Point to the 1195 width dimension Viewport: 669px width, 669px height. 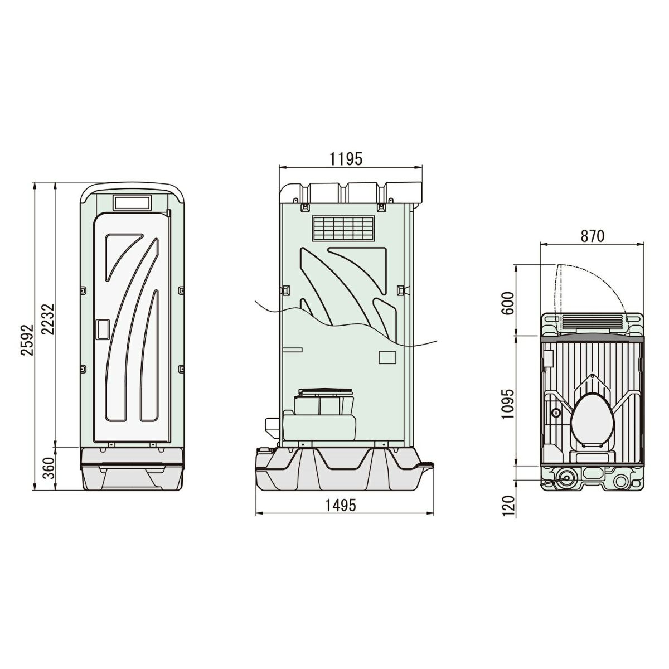(x=346, y=159)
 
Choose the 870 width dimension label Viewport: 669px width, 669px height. (x=593, y=236)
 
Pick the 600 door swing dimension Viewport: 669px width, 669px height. (x=508, y=303)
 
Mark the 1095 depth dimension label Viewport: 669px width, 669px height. (x=507, y=404)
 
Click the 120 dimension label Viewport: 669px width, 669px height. (x=507, y=506)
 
